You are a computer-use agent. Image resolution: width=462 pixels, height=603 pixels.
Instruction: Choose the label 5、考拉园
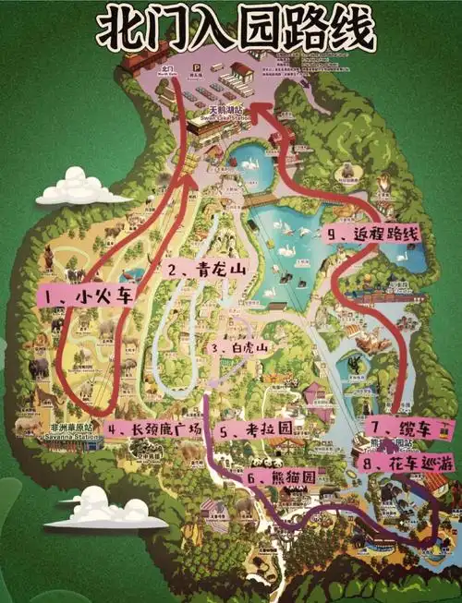pos(255,429)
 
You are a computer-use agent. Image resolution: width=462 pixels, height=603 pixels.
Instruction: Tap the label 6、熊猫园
pos(283,476)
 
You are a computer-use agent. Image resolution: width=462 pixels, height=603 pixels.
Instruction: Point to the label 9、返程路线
pos(374,235)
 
